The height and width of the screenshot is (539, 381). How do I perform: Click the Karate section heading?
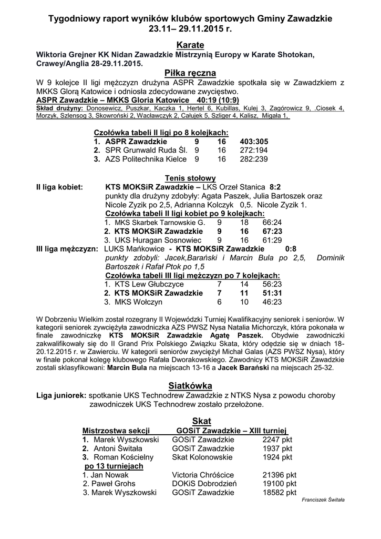pos(190,45)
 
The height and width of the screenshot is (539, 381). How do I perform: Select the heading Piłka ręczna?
pos(190,73)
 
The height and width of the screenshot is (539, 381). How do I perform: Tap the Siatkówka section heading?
pos(190,385)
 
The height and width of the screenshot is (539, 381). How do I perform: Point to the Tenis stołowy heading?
pos(190,178)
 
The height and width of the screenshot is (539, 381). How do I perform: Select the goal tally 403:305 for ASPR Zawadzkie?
pos(254,142)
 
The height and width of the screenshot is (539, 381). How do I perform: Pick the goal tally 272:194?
pos(254,150)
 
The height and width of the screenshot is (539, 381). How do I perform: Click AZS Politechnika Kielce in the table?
pos(146,158)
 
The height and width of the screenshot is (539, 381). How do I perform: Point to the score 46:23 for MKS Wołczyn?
pos(272,302)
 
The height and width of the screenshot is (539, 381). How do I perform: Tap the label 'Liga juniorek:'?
pos(61,395)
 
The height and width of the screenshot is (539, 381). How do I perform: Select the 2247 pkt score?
pos(277,439)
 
